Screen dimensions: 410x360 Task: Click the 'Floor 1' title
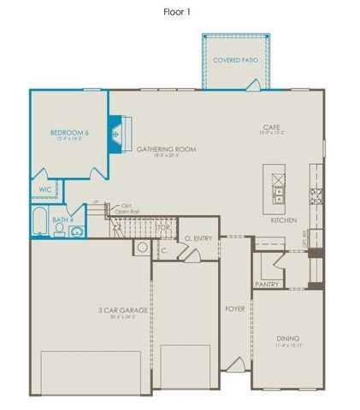pyautogui.click(x=179, y=13)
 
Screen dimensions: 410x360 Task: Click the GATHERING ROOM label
pyautogui.click(x=167, y=149)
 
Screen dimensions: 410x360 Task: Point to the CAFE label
pyautogui.click(x=273, y=128)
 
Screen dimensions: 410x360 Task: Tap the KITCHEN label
pyautogui.click(x=283, y=220)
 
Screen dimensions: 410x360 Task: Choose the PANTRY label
pyautogui.click(x=267, y=284)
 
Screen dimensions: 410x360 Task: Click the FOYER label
pyautogui.click(x=235, y=307)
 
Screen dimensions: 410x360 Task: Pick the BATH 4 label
pyautogui.click(x=62, y=220)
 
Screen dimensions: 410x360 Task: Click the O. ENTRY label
pyautogui.click(x=199, y=238)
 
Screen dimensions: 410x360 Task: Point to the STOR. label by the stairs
pyautogui.click(x=161, y=228)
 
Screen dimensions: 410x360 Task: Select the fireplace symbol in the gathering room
pyautogui.click(x=115, y=133)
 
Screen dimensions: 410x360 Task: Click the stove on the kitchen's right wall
pyautogui.click(x=316, y=197)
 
